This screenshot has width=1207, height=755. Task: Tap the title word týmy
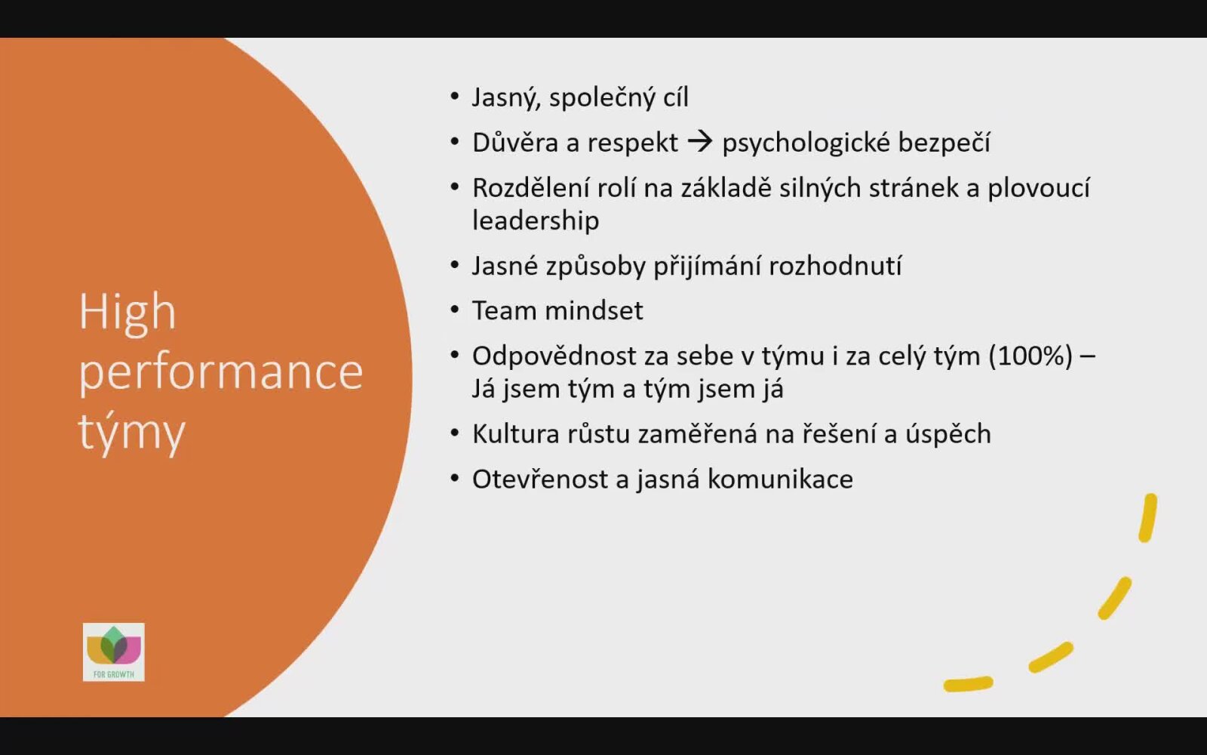click(x=132, y=433)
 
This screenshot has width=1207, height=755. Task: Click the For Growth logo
click(x=114, y=652)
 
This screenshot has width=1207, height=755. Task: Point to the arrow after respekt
click(x=700, y=143)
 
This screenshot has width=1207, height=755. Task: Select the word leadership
click(x=536, y=220)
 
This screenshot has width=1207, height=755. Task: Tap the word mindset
click(x=594, y=310)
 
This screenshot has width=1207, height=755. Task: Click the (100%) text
click(x=1030, y=356)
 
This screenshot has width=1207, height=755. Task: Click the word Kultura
click(x=516, y=434)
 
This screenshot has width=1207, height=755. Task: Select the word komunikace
click(x=780, y=479)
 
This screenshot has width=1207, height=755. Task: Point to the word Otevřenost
click(x=540, y=479)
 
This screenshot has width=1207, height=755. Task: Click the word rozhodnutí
click(x=835, y=266)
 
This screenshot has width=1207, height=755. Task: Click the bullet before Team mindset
click(x=455, y=310)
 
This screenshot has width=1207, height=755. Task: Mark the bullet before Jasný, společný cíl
click(x=455, y=97)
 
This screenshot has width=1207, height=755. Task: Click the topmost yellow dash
click(x=1147, y=518)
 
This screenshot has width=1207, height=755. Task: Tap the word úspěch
click(x=947, y=434)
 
